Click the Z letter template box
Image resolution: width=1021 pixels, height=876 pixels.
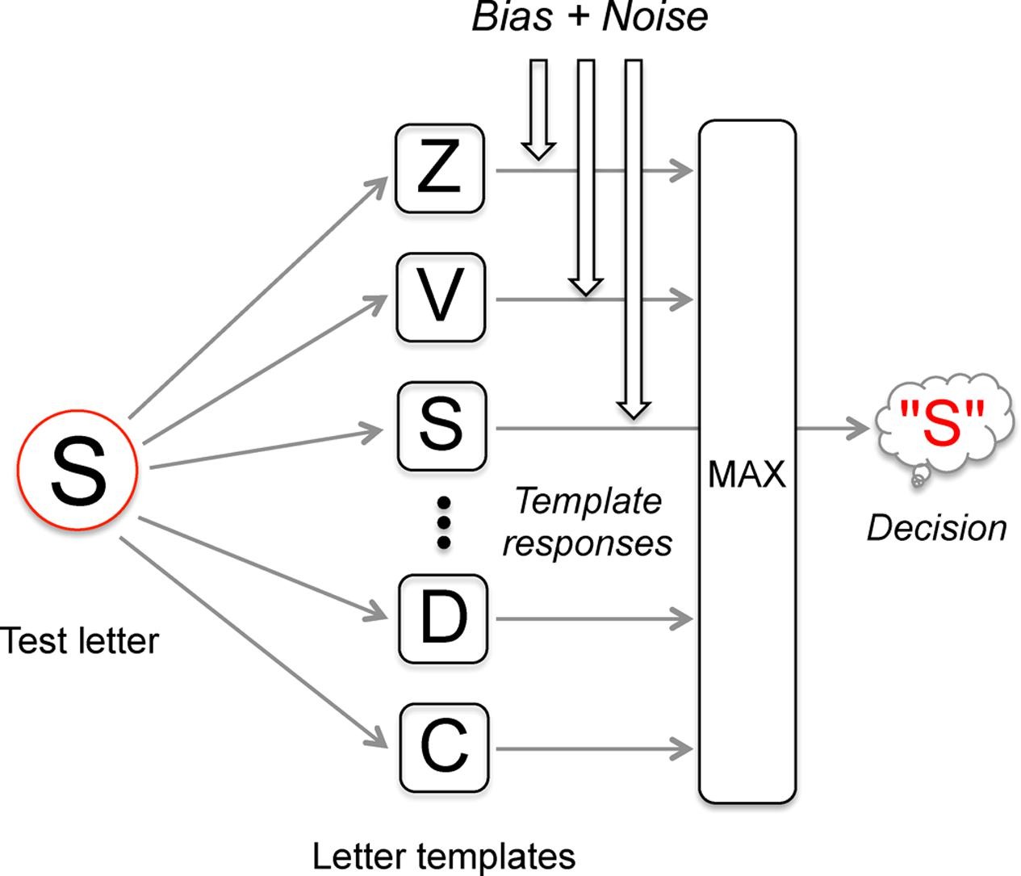coord(440,170)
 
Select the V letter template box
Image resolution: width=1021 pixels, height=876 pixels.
coord(440,297)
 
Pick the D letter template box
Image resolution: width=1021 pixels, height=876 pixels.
coord(443,619)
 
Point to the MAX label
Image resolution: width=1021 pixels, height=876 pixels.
coord(746,475)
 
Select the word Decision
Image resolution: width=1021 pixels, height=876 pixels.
coord(936,528)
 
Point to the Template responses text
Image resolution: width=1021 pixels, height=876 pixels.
coord(588,522)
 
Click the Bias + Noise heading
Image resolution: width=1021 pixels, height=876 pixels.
coord(589,18)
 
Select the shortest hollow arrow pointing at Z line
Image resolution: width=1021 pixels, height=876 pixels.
coord(538,109)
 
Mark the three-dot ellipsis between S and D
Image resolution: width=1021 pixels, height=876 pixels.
coord(443,523)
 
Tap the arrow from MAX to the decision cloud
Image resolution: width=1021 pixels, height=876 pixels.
coord(831,429)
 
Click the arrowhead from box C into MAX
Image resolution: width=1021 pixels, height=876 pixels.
coord(684,748)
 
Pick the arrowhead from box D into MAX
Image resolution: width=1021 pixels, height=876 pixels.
coord(684,619)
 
